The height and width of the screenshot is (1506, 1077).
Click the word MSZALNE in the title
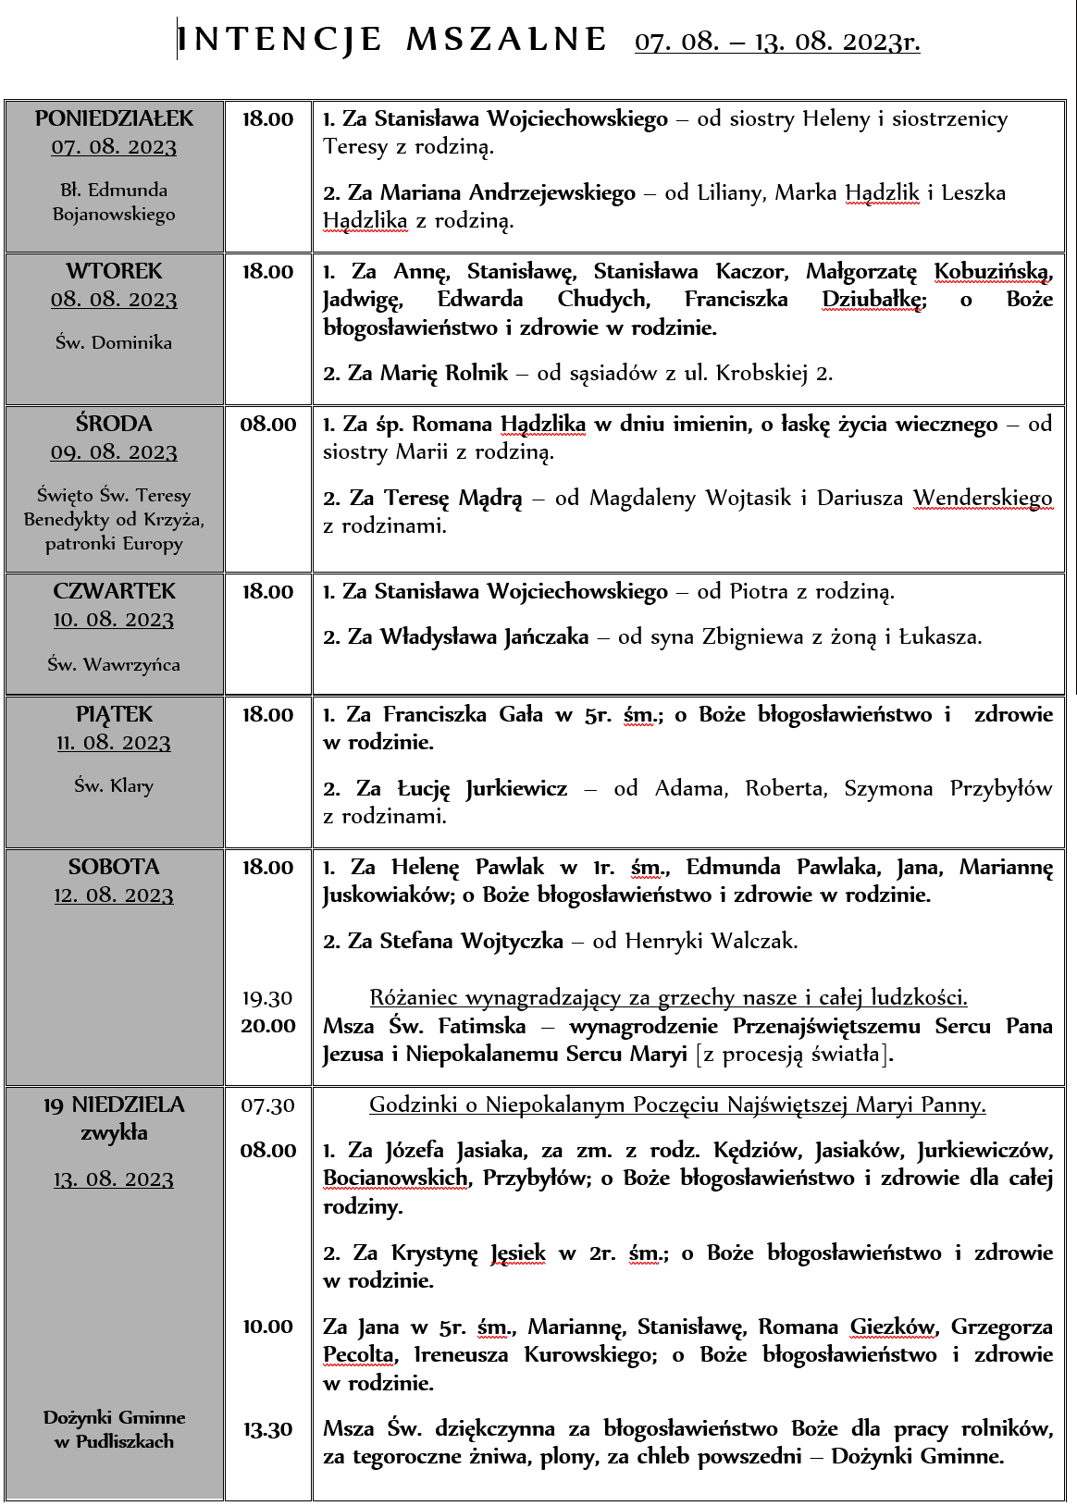[506, 40]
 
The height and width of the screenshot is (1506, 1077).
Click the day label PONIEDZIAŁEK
[115, 118]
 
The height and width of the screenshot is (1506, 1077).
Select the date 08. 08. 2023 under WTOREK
[114, 300]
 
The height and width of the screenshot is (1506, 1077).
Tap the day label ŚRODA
[114, 424]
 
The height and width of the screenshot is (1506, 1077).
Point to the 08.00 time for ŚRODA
[268, 425]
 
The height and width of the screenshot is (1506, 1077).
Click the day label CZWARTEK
[114, 591]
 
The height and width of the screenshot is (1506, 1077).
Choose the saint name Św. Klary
[114, 785]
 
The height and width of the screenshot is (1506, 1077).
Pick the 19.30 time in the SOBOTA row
[267, 998]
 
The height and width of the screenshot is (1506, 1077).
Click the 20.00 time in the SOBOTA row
[268, 1026]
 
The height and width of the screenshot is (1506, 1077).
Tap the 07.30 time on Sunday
[267, 1105]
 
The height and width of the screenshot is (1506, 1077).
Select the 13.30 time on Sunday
[268, 1430]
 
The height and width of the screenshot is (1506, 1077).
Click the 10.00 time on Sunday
[268, 1327]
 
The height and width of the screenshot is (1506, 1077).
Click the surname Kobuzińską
[993, 272]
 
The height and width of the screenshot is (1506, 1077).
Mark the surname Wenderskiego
[983, 499]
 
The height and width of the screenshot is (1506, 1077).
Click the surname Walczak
[753, 942]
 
